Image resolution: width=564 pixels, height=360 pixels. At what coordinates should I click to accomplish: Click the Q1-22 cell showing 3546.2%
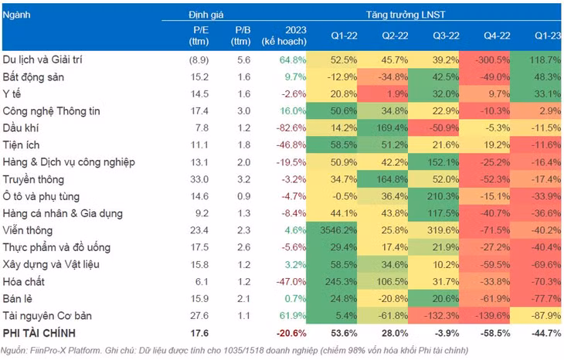point(337,229)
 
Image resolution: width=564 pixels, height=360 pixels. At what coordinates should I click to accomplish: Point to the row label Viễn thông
point(27,229)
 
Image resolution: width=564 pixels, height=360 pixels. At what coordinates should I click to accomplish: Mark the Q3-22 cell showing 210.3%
point(437,195)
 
